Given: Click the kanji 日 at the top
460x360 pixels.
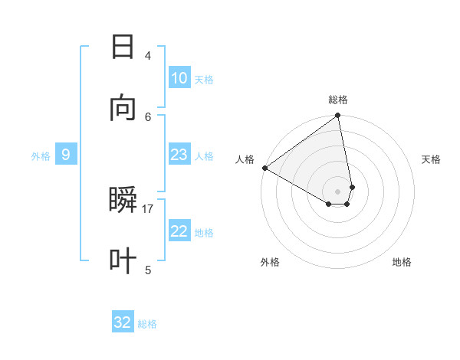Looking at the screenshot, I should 123,47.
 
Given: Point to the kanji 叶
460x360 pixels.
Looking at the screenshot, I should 123,260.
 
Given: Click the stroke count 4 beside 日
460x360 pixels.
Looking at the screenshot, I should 147,56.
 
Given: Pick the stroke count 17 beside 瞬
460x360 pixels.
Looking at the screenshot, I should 148,209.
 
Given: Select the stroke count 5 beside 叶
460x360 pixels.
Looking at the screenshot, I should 147,270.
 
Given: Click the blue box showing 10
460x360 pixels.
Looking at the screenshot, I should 179,78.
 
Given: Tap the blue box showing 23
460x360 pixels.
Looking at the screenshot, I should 179,155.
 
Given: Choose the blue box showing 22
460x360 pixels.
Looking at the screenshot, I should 179,231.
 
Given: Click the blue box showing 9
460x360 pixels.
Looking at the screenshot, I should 66,155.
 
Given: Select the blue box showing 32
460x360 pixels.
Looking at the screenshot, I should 123,322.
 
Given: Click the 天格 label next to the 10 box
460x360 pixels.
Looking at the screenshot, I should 204,80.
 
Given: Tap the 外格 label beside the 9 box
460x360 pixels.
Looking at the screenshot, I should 41,156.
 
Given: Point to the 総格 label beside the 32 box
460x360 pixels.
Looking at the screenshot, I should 147,324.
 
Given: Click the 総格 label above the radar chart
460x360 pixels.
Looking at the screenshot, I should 338,100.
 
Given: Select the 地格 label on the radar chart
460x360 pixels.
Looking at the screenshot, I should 402,263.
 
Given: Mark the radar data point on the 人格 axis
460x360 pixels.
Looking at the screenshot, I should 264,168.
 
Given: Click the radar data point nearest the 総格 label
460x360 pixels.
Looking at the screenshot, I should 337,116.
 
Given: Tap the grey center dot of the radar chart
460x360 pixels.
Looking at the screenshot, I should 337,191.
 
